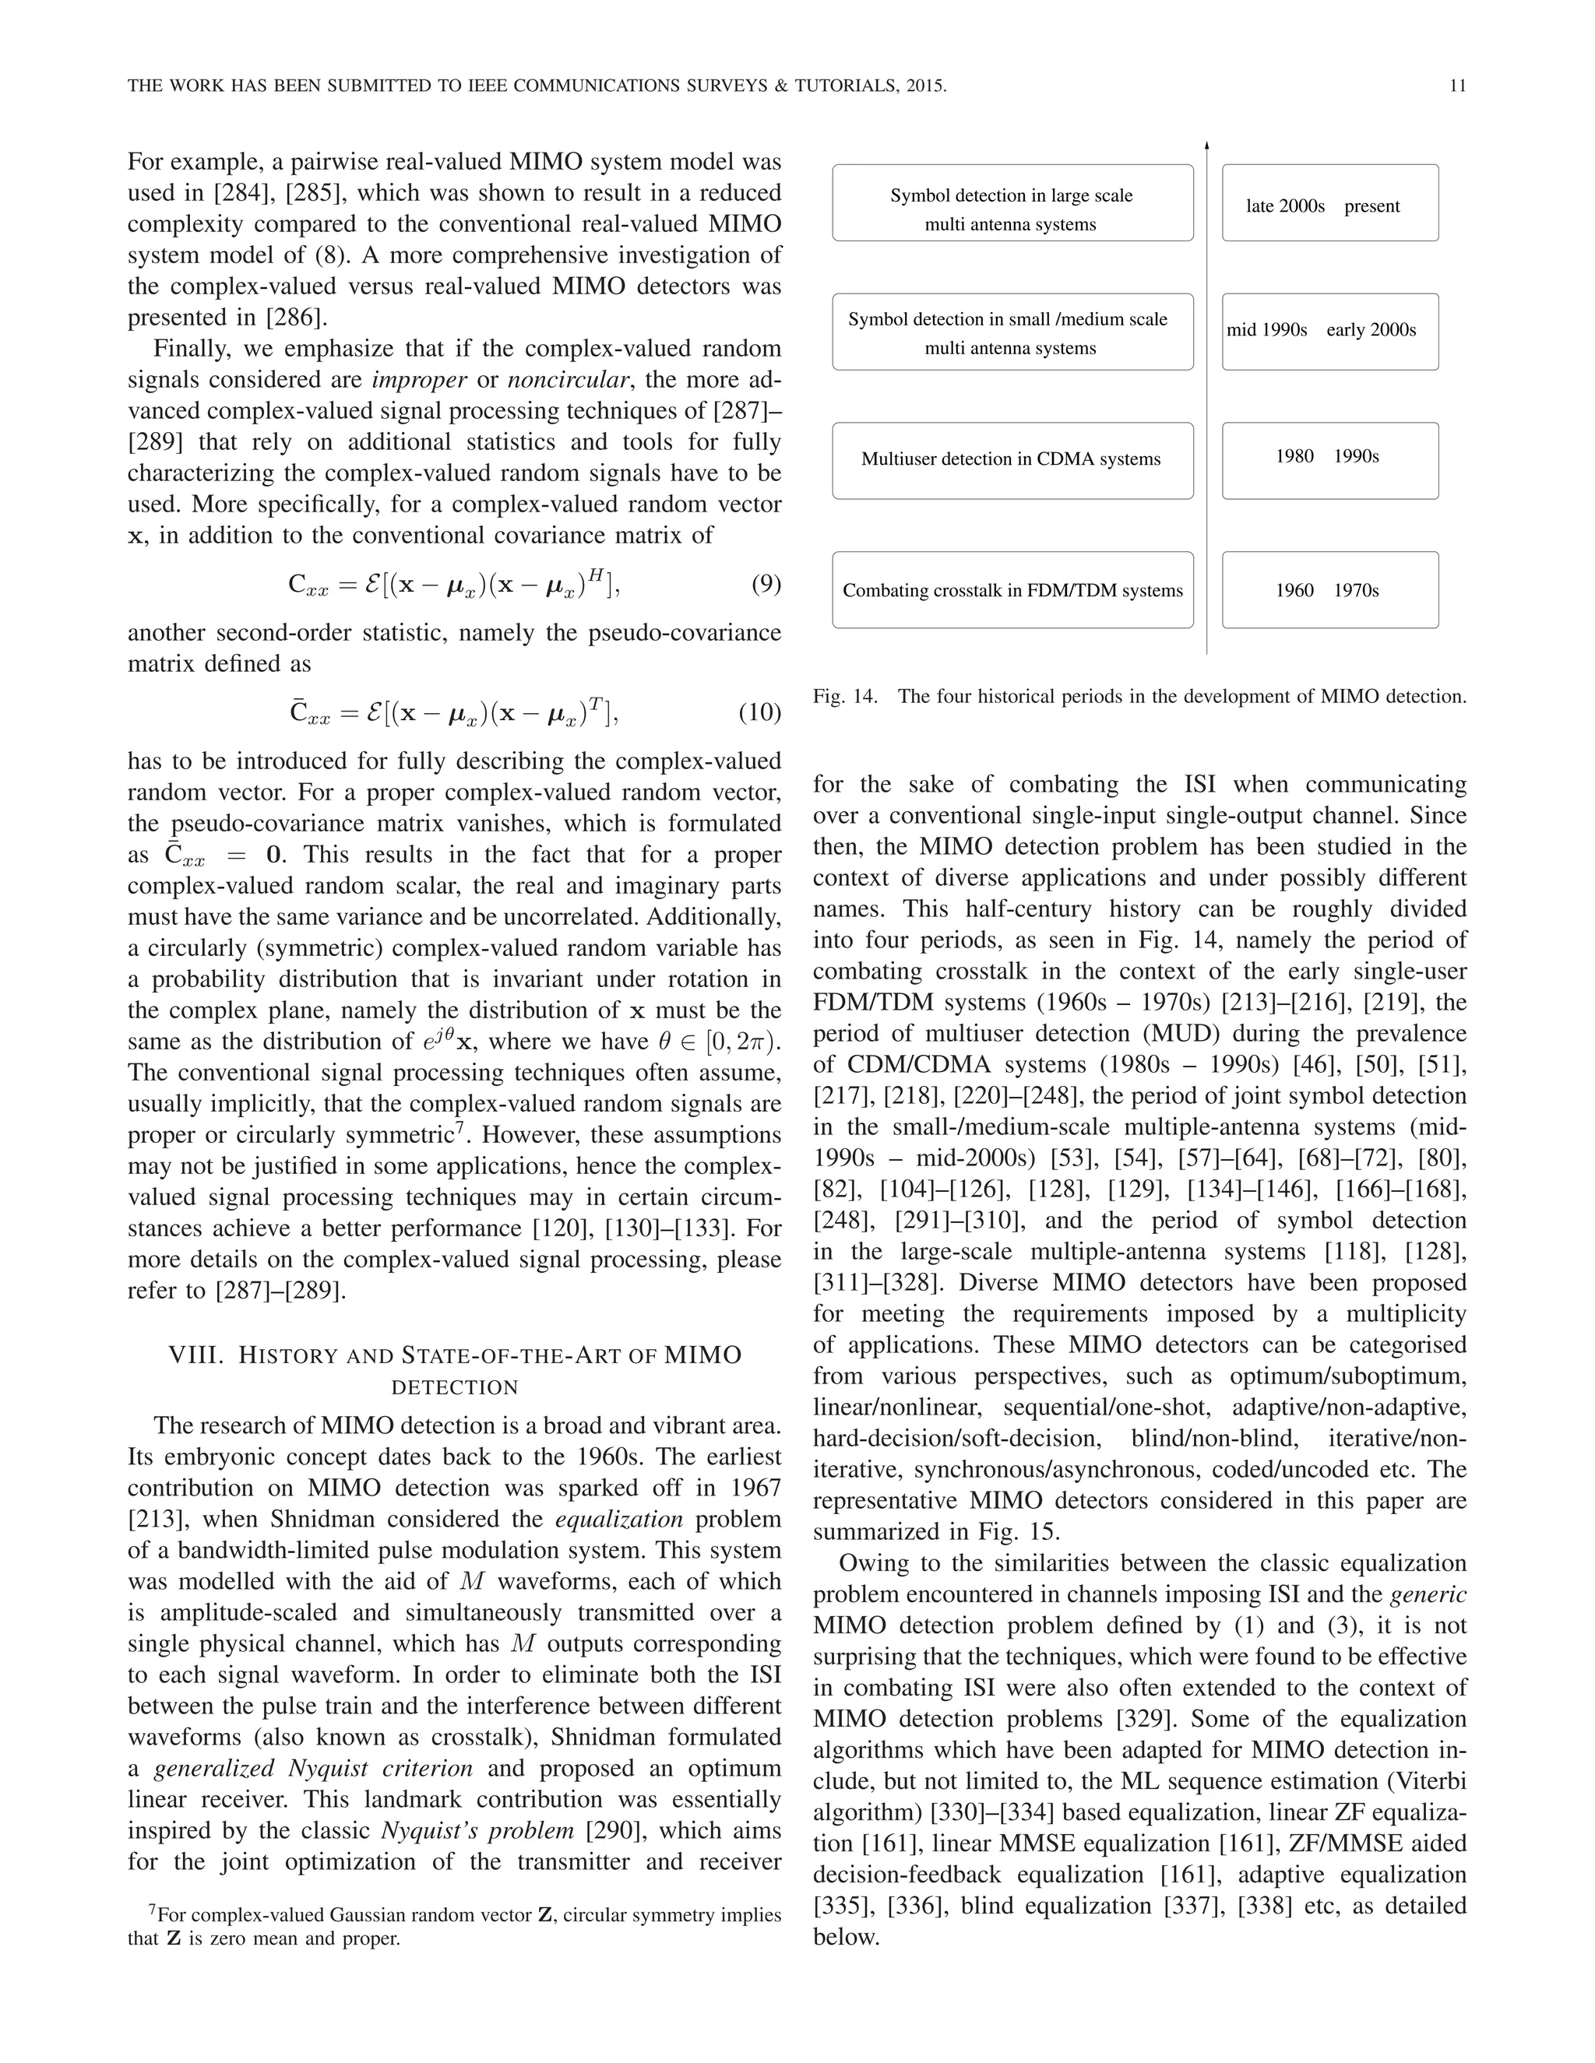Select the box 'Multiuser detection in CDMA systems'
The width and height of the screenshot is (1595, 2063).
(x=1012, y=460)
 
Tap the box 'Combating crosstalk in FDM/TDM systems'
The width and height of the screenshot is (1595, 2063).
(x=1012, y=589)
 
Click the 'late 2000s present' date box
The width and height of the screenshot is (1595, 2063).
(x=1329, y=203)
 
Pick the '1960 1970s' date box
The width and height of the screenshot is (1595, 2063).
(x=1329, y=589)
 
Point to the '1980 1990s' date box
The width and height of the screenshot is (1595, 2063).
(x=1329, y=460)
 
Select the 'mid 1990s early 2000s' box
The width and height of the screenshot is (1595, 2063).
(x=1329, y=331)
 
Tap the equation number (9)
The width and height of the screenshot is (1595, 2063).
(x=766, y=584)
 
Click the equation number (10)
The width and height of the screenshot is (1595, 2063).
(x=759, y=712)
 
